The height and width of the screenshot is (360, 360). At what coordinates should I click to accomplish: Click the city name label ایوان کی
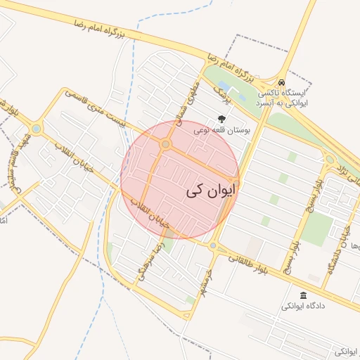[212, 190]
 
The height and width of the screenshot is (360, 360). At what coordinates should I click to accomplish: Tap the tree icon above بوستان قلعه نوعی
[223, 120]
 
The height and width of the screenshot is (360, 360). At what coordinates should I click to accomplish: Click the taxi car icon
[281, 82]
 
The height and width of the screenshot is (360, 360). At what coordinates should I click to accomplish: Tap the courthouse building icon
[303, 295]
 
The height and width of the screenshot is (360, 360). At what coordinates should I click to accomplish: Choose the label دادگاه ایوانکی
[304, 307]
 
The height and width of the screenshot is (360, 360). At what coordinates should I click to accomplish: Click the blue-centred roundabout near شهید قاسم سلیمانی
[35, 129]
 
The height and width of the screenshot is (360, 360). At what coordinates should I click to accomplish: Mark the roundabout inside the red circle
[166, 145]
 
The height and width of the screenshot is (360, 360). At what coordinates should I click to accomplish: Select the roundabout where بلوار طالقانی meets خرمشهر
[212, 245]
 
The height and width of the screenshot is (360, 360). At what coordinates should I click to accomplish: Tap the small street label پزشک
[223, 89]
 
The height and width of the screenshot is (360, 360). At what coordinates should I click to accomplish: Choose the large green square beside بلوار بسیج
[318, 229]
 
